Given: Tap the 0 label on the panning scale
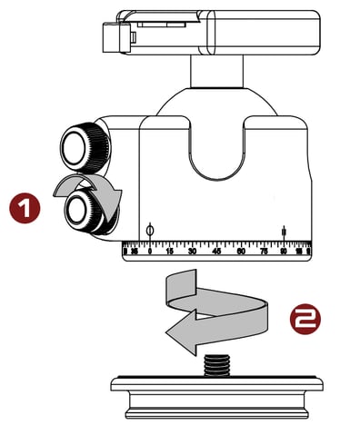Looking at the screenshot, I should point(149,251).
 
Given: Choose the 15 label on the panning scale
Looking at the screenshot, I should point(169,251).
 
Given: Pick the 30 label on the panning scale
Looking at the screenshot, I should point(193,251).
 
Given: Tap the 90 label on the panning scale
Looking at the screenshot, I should point(285,251).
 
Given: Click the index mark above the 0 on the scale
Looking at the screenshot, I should point(149,230).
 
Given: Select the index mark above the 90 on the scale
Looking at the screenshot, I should point(285,232).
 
